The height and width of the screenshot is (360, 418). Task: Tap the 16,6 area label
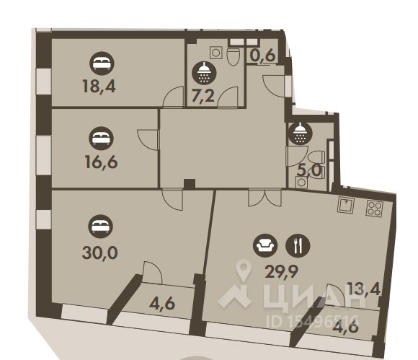99,160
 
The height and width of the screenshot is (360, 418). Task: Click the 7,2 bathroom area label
204,96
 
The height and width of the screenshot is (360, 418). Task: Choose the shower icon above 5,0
299,133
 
